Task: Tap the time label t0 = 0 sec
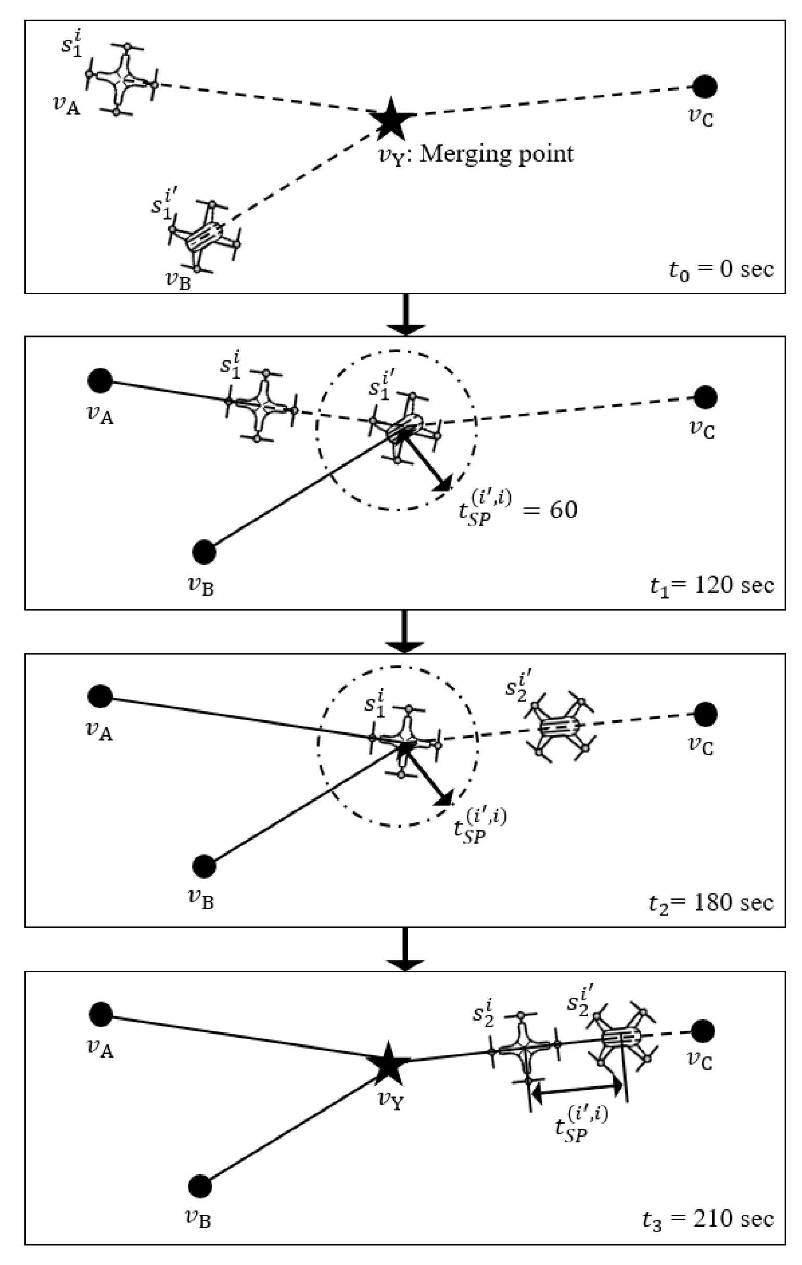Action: pyautogui.click(x=721, y=270)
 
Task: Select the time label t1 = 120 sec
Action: pyautogui.click(x=711, y=585)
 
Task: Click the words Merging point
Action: pyautogui.click(x=496, y=154)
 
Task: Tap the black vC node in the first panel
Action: pyautogui.click(x=704, y=87)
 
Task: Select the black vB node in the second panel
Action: pyautogui.click(x=204, y=552)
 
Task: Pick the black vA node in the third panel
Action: pyautogui.click(x=100, y=696)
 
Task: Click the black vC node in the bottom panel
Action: pyautogui.click(x=703, y=1031)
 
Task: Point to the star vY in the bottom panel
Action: pyautogui.click(x=388, y=1064)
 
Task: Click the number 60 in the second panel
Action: pyautogui.click(x=564, y=510)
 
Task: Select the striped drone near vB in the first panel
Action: pyautogui.click(x=204, y=236)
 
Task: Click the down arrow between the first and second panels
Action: pyautogui.click(x=405, y=315)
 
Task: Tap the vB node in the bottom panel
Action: pyautogui.click(x=200, y=1185)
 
